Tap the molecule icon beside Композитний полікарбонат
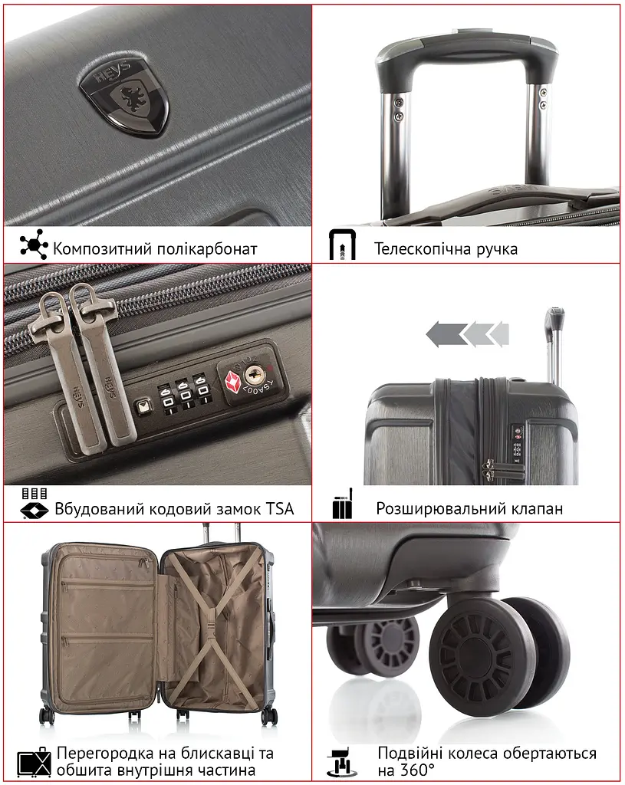coord(34,245)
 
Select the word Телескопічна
coord(423,249)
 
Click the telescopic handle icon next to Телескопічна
coord(342,245)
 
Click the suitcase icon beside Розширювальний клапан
coord(343,504)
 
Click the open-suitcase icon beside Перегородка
coord(35,762)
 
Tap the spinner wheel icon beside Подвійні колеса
coord(343,763)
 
